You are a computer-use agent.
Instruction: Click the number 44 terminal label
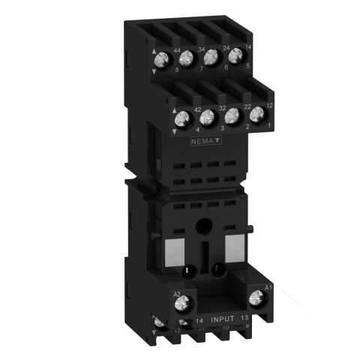click(x=178, y=50)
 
